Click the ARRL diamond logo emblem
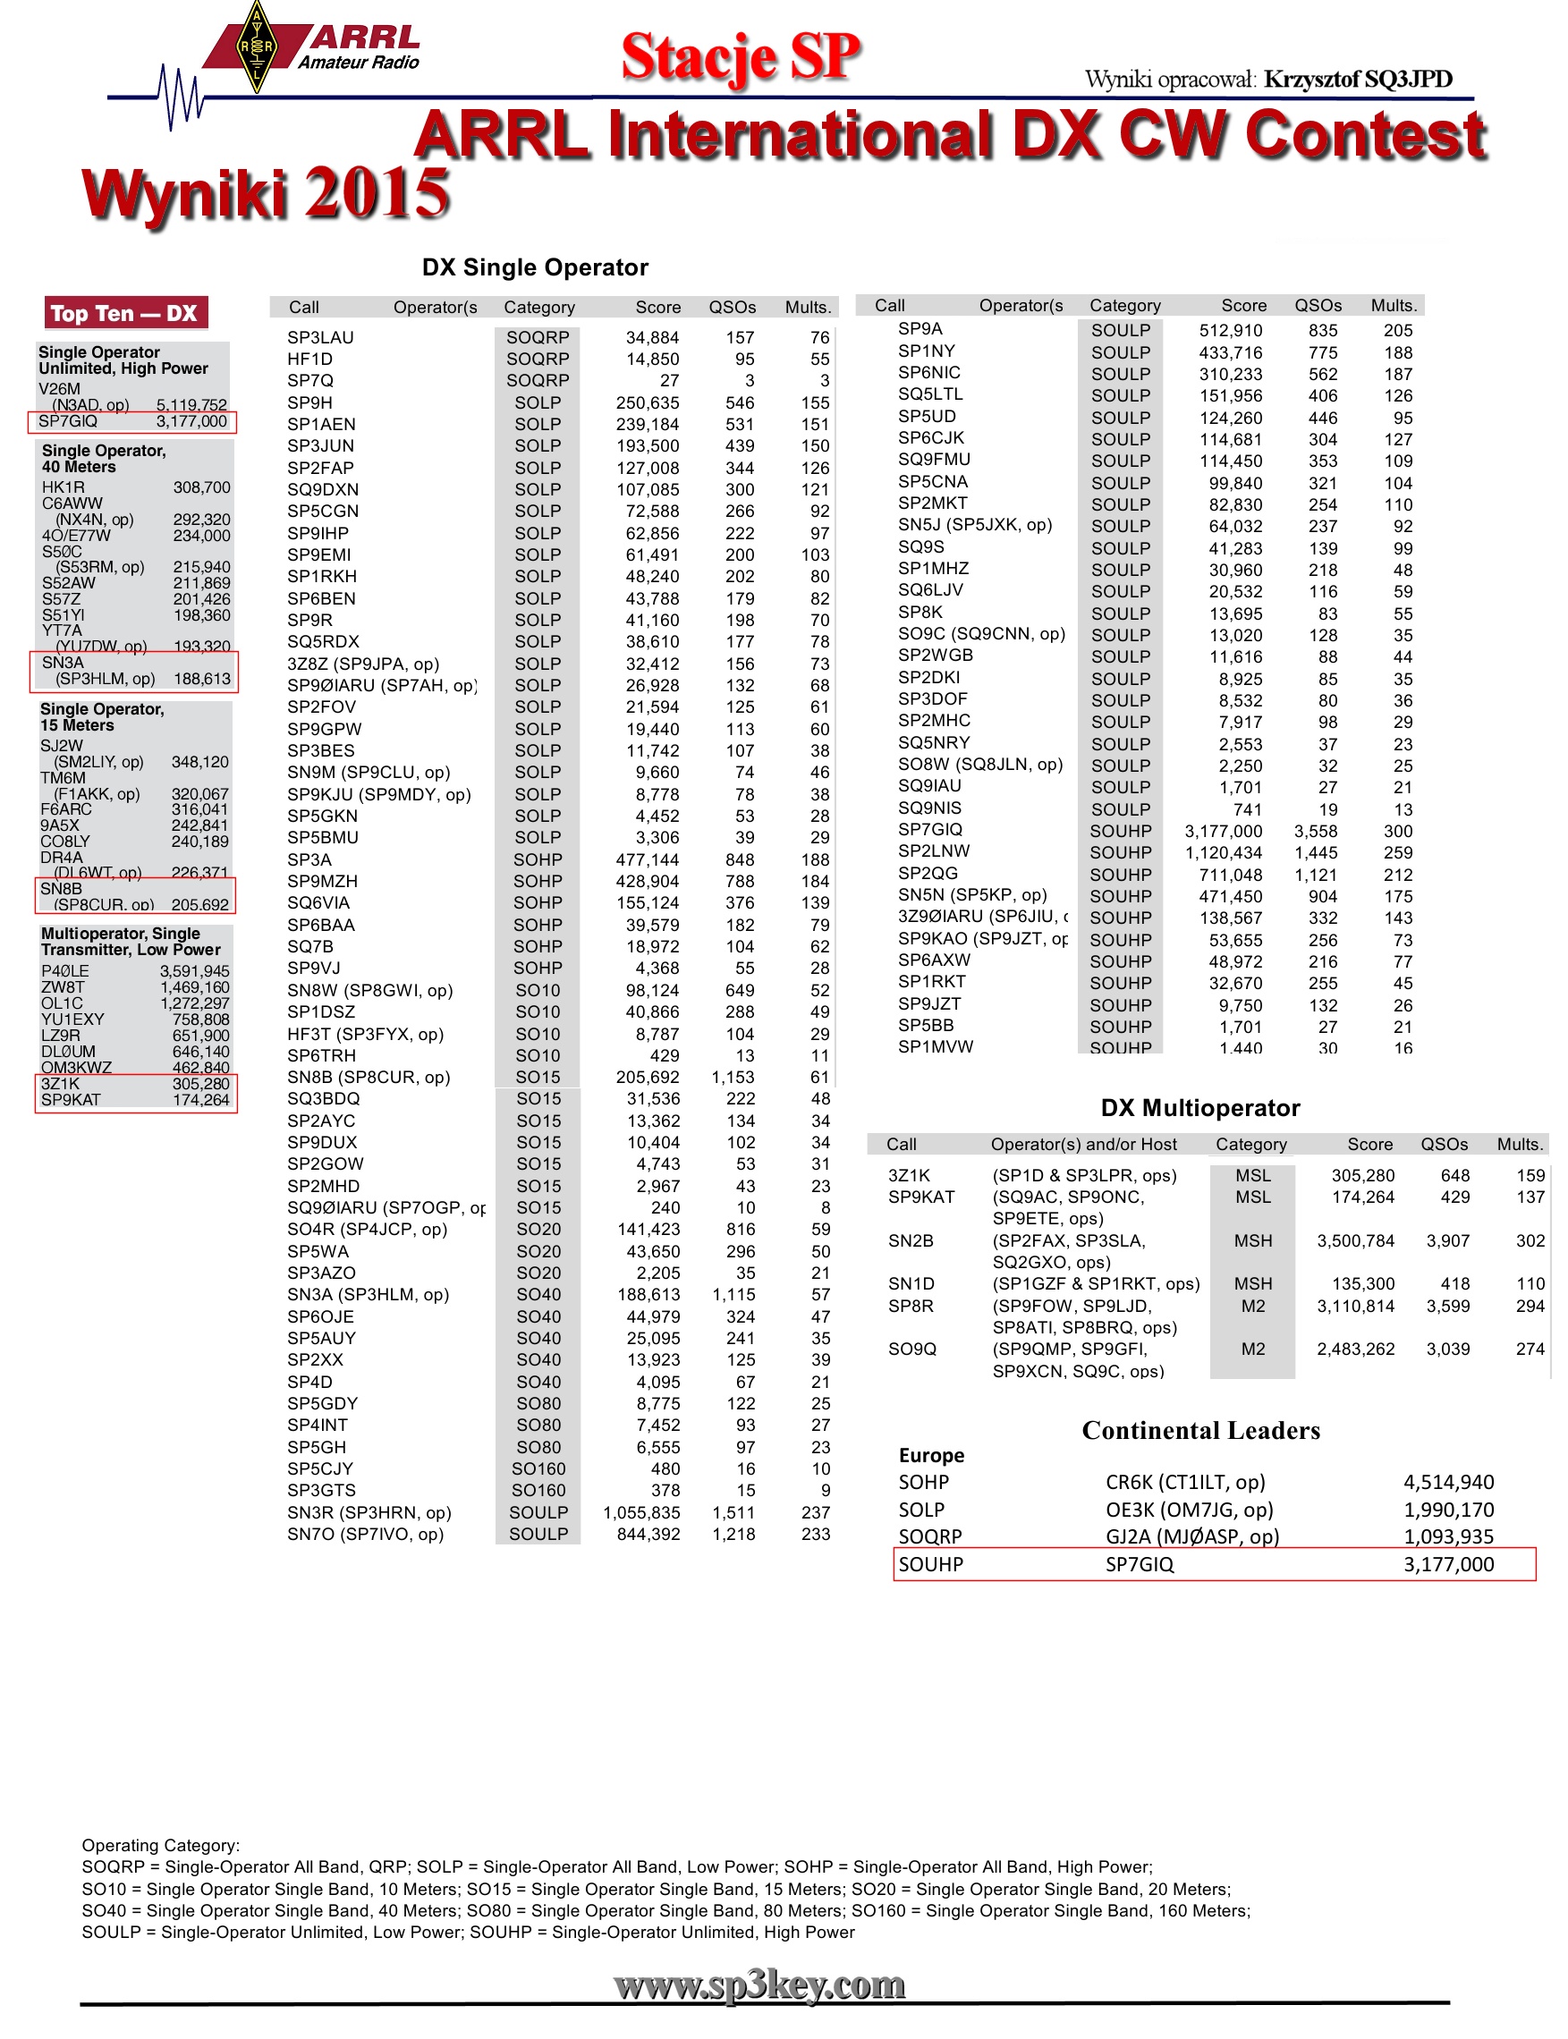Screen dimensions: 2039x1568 [256, 47]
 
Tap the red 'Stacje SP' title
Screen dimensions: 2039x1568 [740, 57]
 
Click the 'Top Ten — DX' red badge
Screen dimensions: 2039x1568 [125, 314]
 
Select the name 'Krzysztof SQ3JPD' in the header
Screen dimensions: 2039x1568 [1358, 80]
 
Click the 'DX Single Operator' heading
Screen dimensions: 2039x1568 [535, 267]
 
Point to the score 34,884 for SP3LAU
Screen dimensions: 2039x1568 [651, 338]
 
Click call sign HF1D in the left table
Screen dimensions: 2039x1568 [309, 360]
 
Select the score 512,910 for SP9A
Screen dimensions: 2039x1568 [1230, 330]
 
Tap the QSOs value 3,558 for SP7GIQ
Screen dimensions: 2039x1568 [1315, 832]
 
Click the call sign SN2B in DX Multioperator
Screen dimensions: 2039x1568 [911, 1241]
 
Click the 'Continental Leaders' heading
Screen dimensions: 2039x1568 [1200, 1431]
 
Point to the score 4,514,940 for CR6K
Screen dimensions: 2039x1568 [1448, 1483]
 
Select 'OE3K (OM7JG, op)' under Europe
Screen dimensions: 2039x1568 [1189, 1510]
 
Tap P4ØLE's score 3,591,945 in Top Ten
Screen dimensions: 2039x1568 [194, 971]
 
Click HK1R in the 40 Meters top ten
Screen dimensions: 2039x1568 [64, 487]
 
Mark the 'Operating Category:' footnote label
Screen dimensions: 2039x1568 [160, 1846]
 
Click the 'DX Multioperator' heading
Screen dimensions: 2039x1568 [1200, 1108]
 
